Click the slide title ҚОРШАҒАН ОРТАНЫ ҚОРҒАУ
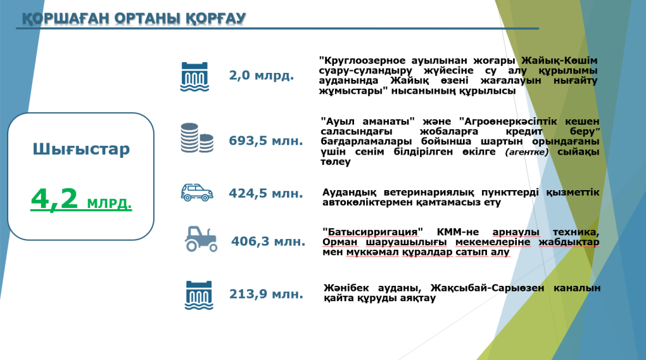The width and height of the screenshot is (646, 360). coord(134,18)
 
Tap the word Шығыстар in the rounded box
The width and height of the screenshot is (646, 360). coord(81,150)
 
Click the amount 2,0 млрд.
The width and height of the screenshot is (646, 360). coord(262,75)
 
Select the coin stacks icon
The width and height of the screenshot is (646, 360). coord(196,138)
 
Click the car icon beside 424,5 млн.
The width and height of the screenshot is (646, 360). coord(196,193)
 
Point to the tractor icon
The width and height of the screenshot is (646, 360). coord(200,238)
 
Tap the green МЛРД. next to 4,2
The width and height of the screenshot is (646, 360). coord(108,204)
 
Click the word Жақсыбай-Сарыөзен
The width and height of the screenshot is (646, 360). coord(483,288)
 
